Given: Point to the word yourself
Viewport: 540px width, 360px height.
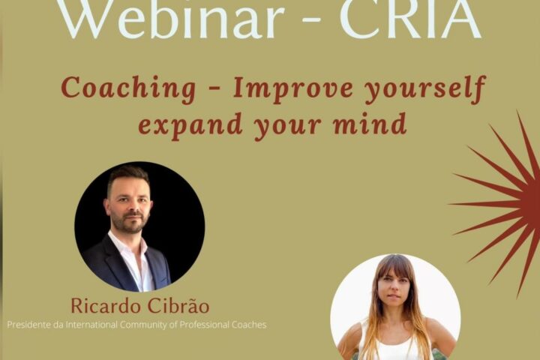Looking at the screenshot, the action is tap(426, 89).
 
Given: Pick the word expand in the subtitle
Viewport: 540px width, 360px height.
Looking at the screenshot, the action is tap(190, 125).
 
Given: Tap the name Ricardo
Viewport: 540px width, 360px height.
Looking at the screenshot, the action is tap(106, 306).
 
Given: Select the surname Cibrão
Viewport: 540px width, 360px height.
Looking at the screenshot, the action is tap(178, 305).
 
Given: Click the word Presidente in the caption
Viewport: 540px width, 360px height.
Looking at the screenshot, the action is tap(29, 325).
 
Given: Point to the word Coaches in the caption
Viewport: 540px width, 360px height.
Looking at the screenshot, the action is tap(249, 325).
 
